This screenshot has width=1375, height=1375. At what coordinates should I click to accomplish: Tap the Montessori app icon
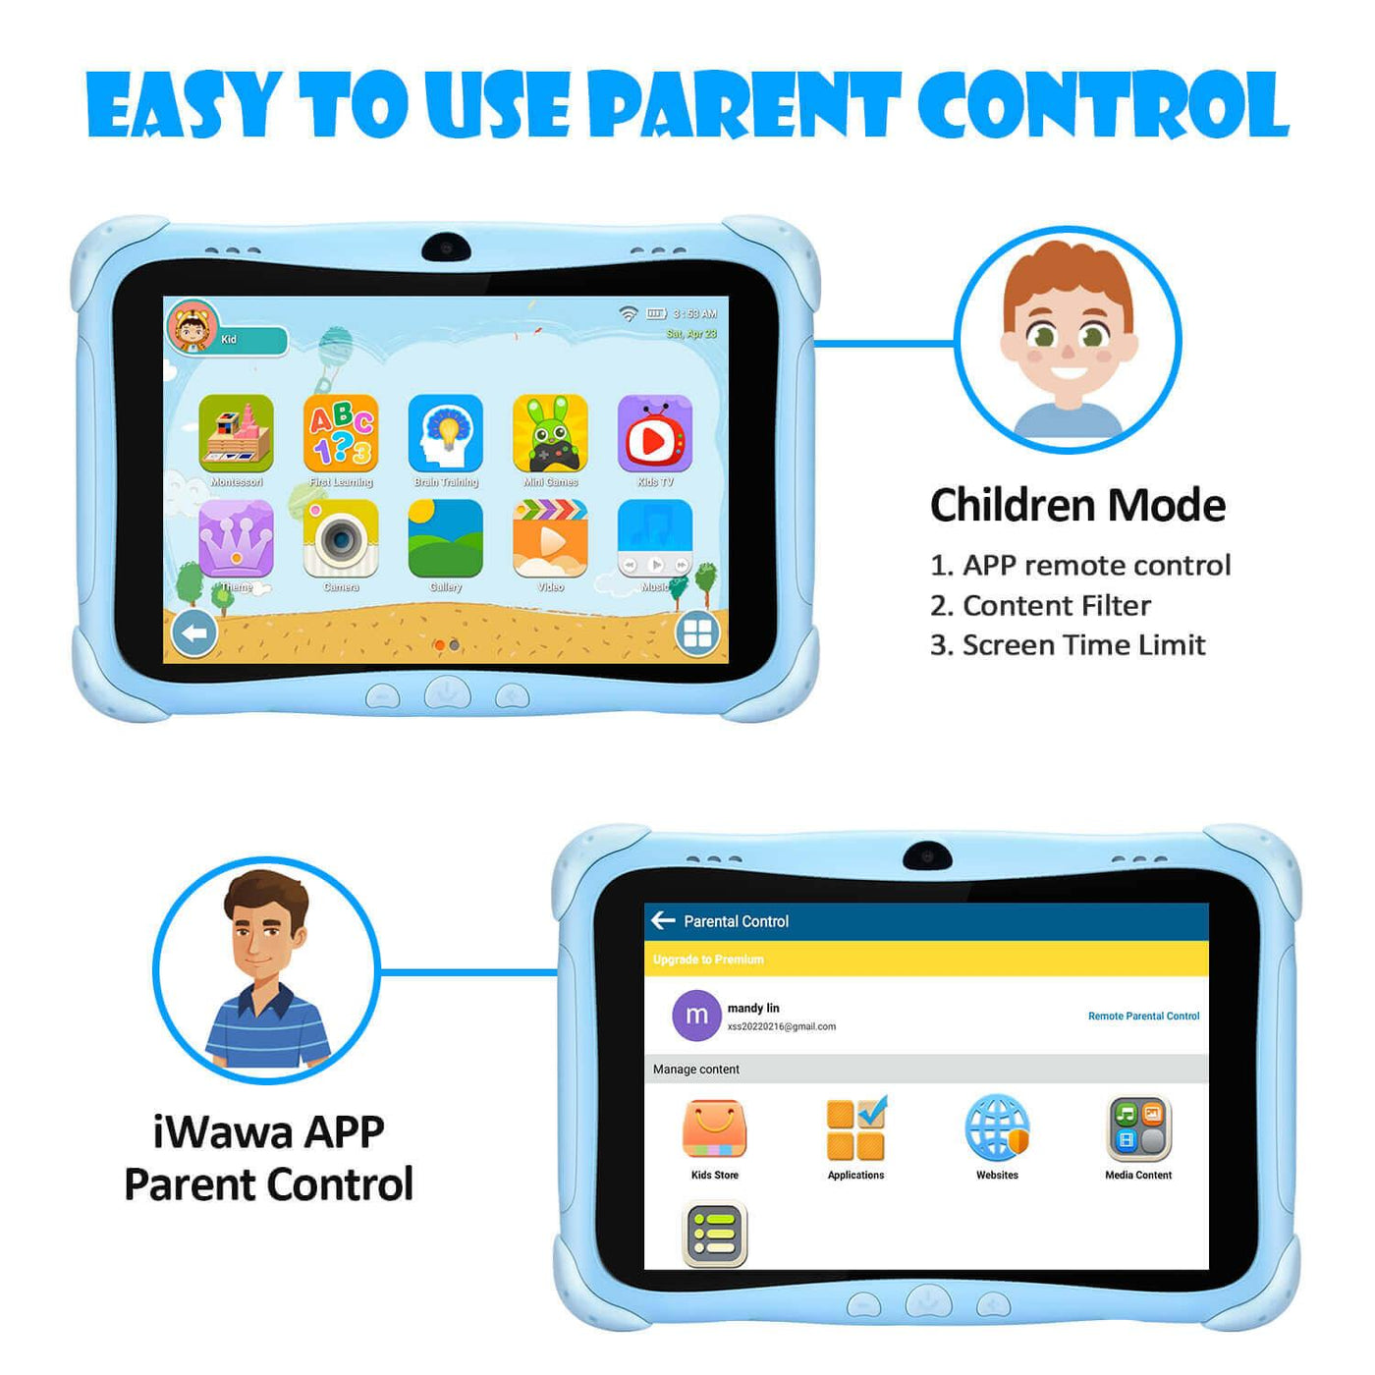(236, 433)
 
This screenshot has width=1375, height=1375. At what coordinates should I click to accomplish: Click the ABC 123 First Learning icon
(341, 433)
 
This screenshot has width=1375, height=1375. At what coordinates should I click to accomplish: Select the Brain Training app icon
(446, 433)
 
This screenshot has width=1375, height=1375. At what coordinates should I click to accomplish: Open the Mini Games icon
(550, 433)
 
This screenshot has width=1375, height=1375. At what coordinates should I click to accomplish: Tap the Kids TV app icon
(655, 433)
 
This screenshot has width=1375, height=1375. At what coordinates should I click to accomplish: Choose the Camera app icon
(341, 538)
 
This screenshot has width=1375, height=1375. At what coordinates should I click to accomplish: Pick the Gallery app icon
(446, 538)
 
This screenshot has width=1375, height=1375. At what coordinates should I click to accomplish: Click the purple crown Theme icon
(236, 538)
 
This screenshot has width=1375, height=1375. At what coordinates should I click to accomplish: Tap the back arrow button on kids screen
(194, 633)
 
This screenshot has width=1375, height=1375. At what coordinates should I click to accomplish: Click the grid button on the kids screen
(697, 633)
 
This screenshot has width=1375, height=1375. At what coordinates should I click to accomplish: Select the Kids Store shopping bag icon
(714, 1129)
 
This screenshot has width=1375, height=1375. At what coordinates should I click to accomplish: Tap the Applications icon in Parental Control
(855, 1129)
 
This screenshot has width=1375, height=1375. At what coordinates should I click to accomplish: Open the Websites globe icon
(997, 1129)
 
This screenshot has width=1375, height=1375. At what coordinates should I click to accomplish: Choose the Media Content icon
(1139, 1129)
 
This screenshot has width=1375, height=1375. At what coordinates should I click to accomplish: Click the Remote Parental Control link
(1143, 1017)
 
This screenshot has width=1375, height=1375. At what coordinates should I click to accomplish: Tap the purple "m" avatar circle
(696, 1016)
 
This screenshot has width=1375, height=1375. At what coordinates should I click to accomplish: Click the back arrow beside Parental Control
(663, 920)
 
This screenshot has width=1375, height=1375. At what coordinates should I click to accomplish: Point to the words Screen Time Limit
(1083, 645)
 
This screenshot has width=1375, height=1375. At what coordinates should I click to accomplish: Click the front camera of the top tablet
(446, 247)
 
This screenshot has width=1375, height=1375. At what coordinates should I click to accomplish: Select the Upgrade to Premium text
(708, 960)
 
